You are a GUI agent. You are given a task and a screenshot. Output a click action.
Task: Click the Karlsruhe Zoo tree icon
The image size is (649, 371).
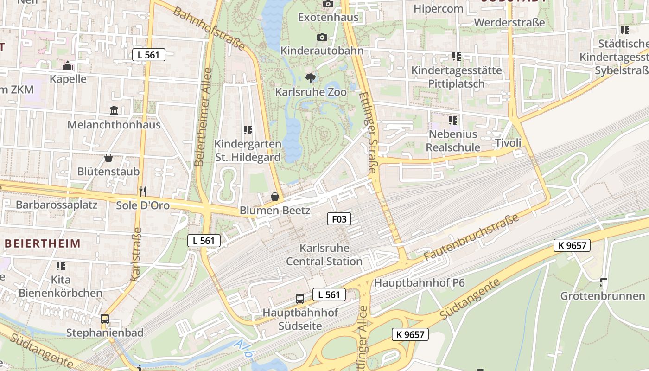coord(311,78)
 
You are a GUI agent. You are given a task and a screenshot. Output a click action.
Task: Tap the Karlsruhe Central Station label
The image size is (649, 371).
coord(324,255)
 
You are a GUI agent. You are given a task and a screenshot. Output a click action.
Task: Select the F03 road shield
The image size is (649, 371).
coord(339,219)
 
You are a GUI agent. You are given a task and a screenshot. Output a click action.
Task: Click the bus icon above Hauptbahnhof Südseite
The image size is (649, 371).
coord(300,299)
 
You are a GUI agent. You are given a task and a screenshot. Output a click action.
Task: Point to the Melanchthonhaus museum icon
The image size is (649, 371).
coord(114,110)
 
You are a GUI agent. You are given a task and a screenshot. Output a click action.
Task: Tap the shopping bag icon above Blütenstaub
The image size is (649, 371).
coord(108,158)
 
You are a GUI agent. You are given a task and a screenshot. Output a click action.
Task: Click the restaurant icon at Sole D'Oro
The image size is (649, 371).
coord(143,191)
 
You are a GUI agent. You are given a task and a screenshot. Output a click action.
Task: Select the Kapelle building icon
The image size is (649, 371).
coord(68,65)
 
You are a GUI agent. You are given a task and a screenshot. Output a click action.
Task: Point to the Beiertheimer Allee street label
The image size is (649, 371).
coord(203,117)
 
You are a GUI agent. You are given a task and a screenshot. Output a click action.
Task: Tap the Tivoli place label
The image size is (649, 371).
coord(508,143)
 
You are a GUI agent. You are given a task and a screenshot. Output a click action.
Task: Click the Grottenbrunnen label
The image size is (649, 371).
coord(603,296)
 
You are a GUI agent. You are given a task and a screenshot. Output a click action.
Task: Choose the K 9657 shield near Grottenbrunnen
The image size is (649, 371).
coord(572,245)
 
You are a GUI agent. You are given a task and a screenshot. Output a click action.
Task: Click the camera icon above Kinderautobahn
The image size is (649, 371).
coord(322,37)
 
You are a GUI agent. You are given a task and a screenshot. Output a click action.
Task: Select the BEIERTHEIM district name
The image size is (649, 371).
coord(42,243)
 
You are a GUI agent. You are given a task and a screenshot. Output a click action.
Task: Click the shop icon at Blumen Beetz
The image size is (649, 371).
coord(274,197)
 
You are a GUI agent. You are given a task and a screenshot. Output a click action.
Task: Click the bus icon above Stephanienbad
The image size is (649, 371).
coord(105,319)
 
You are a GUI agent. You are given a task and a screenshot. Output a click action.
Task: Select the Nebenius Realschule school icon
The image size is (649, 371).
coord(453,121)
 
